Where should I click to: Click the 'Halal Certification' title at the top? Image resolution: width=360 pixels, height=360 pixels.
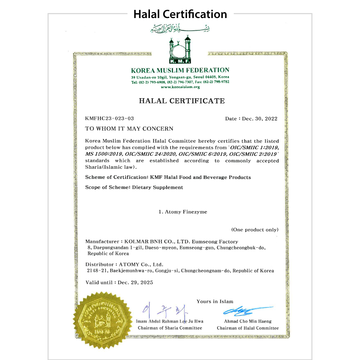(180, 14)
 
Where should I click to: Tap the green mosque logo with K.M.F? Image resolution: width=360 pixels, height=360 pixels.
(180, 50)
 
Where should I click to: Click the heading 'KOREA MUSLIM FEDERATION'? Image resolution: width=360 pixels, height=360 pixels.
(180, 70)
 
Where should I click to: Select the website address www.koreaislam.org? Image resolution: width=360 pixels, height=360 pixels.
(180, 87)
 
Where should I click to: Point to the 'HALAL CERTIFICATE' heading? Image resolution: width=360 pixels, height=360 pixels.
(181, 101)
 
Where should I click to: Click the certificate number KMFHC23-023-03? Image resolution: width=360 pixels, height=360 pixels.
(110, 118)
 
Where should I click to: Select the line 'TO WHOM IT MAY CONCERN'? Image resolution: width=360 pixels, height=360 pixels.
(129, 129)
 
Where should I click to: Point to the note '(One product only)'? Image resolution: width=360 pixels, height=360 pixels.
(255, 230)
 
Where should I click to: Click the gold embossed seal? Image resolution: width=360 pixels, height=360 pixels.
(102, 320)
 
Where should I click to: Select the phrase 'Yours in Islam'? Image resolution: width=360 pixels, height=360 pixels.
(215, 302)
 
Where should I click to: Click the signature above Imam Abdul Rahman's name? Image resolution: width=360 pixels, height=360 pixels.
(165, 311)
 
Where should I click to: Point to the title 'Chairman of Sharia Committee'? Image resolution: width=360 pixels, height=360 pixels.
(170, 328)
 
